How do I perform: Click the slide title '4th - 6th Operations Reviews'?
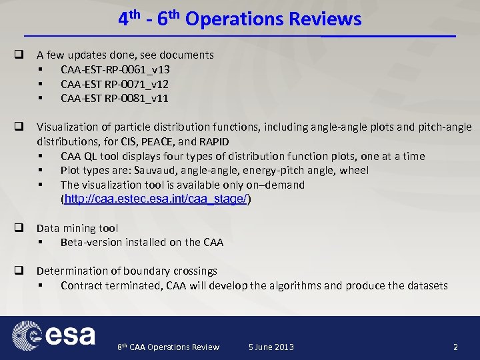click(240, 19)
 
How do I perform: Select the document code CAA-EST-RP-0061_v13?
click(115, 69)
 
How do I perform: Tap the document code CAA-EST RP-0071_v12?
click(114, 84)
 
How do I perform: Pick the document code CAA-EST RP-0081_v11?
click(114, 99)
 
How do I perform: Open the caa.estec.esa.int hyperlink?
click(155, 199)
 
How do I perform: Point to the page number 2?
click(455, 347)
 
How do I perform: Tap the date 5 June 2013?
click(271, 347)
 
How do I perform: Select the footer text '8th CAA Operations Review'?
click(168, 347)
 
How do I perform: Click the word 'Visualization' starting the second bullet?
click(67, 127)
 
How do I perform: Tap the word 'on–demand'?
click(278, 185)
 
